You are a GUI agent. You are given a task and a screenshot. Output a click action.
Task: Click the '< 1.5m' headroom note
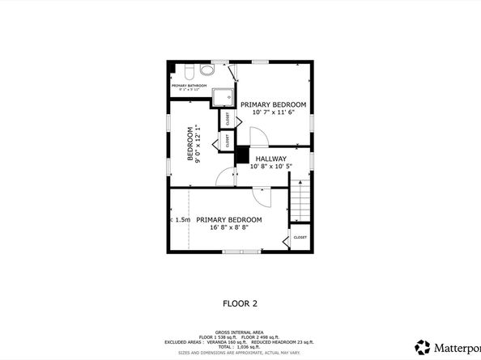click(181, 220)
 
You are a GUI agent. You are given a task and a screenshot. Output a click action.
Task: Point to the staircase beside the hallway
click(300, 202)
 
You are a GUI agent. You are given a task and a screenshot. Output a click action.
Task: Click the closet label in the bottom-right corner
click(300, 238)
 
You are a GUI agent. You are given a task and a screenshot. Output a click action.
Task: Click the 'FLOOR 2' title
click(240, 304)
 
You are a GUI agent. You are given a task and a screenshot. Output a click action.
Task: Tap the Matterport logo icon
click(423, 346)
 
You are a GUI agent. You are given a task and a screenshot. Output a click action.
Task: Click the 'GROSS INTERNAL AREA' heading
click(240, 332)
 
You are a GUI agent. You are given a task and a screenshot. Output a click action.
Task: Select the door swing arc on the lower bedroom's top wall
click(262, 194)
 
